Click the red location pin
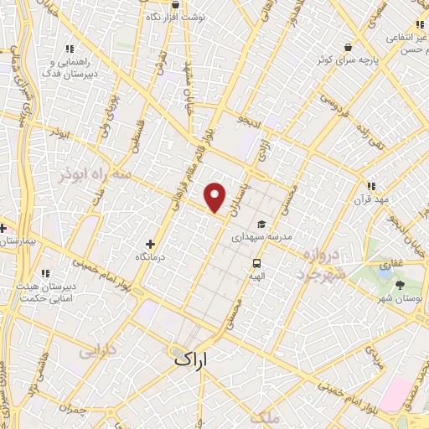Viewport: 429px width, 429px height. pos(216,197)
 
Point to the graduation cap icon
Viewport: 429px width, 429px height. pos(261,225)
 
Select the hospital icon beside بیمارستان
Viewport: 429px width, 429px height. pos(4,228)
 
